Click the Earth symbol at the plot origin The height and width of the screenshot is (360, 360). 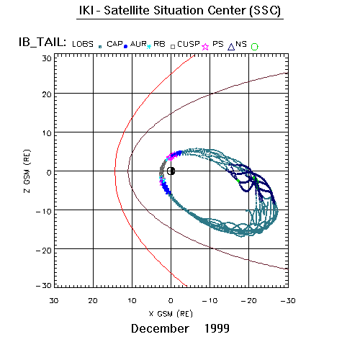click(x=171, y=171)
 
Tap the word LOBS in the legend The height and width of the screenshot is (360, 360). click(x=83, y=44)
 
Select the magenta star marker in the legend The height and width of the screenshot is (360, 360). click(x=205, y=47)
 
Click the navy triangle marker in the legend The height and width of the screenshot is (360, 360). click(x=231, y=47)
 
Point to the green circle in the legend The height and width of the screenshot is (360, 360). click(x=255, y=47)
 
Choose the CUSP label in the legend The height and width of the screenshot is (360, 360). click(x=189, y=44)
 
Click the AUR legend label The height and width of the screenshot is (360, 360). click(x=138, y=44)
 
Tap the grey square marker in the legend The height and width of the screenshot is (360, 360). click(x=173, y=47)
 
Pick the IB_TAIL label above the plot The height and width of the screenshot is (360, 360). click(x=42, y=42)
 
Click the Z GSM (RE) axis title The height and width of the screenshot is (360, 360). click(x=27, y=171)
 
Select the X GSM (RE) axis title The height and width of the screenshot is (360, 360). click(x=171, y=314)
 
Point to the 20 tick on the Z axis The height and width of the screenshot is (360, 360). click(x=48, y=94)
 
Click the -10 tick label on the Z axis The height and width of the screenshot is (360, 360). click(x=44, y=212)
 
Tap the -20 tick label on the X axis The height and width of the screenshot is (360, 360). click(x=249, y=301)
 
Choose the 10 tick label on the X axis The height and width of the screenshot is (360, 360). click(x=132, y=301)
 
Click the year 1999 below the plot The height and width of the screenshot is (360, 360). click(x=217, y=328)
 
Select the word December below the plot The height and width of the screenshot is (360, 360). click(x=160, y=328)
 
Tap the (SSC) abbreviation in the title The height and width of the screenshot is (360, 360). click(x=265, y=11)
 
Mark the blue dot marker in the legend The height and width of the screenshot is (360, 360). click(x=125, y=47)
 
